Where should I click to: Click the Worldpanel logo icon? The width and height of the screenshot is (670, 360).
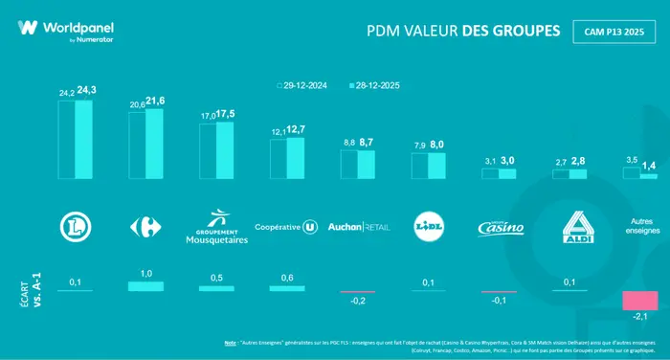28,28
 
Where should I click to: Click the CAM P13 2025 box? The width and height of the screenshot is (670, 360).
614,31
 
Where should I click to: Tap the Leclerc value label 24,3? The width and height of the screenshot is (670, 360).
85,91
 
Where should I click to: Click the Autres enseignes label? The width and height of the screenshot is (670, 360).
639,225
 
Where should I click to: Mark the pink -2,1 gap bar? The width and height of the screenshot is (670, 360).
637,301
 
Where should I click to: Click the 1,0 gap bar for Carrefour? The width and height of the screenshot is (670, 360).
146,286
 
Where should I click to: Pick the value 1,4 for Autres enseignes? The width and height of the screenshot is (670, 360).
649,167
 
